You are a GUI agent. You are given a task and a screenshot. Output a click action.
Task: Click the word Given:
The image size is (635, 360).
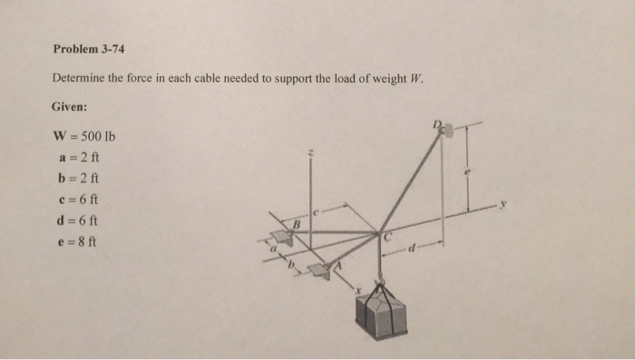(69, 107)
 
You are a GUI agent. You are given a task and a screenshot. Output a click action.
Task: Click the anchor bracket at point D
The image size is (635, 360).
(444, 130)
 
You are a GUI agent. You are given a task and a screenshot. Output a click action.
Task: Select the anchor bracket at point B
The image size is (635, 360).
(281, 238)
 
